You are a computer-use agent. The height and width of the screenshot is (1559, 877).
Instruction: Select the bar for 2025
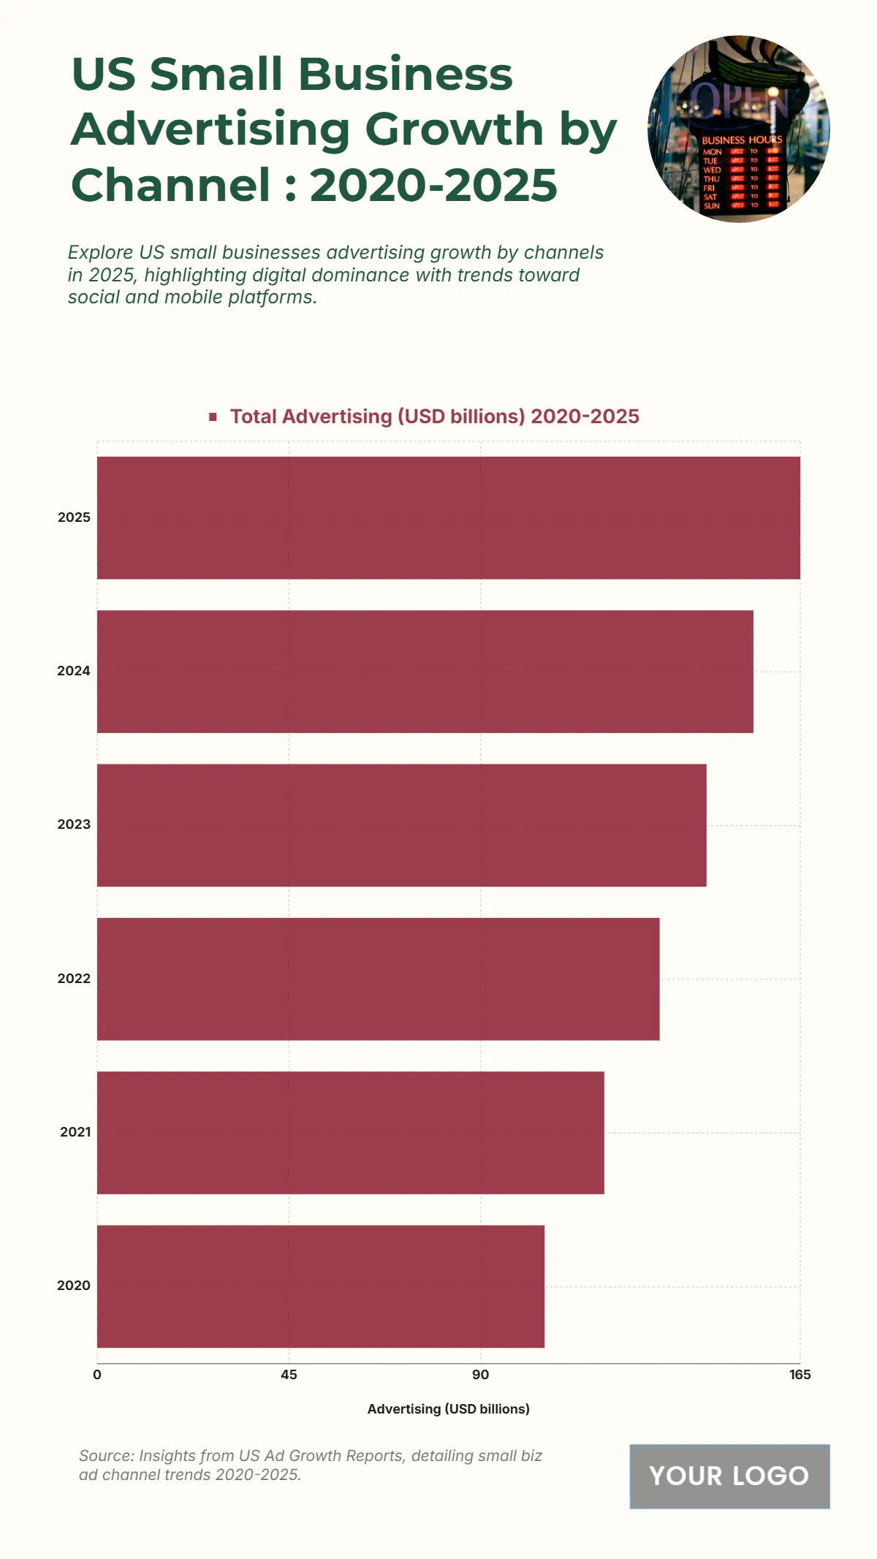449,517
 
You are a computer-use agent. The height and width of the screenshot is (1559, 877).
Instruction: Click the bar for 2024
425,671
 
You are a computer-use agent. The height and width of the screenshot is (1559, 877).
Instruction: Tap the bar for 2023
402,825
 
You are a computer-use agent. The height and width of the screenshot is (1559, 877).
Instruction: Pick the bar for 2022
379,979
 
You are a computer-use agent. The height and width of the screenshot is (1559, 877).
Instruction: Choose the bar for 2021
351,1132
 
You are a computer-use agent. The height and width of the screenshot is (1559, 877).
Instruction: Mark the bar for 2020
321,1286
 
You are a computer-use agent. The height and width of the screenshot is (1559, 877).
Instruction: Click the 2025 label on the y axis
74,517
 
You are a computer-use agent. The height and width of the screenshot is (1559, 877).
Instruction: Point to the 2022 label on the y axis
74,979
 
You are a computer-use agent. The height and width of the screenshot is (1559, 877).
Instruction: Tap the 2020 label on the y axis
74,1286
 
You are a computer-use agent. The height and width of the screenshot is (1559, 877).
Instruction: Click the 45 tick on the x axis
289,1375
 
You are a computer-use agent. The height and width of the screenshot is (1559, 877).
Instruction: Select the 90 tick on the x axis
480,1375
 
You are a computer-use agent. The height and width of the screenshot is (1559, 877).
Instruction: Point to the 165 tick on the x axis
800,1375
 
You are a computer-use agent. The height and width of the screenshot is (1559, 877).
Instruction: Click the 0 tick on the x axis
97,1375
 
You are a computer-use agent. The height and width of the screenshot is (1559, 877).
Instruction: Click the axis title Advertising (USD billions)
448,1408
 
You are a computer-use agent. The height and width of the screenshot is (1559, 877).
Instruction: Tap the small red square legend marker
213,417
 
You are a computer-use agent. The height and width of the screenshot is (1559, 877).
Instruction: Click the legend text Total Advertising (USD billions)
434,417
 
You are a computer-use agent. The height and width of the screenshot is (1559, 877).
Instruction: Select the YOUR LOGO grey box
729,1476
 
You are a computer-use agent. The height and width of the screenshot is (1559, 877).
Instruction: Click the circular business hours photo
738,129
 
